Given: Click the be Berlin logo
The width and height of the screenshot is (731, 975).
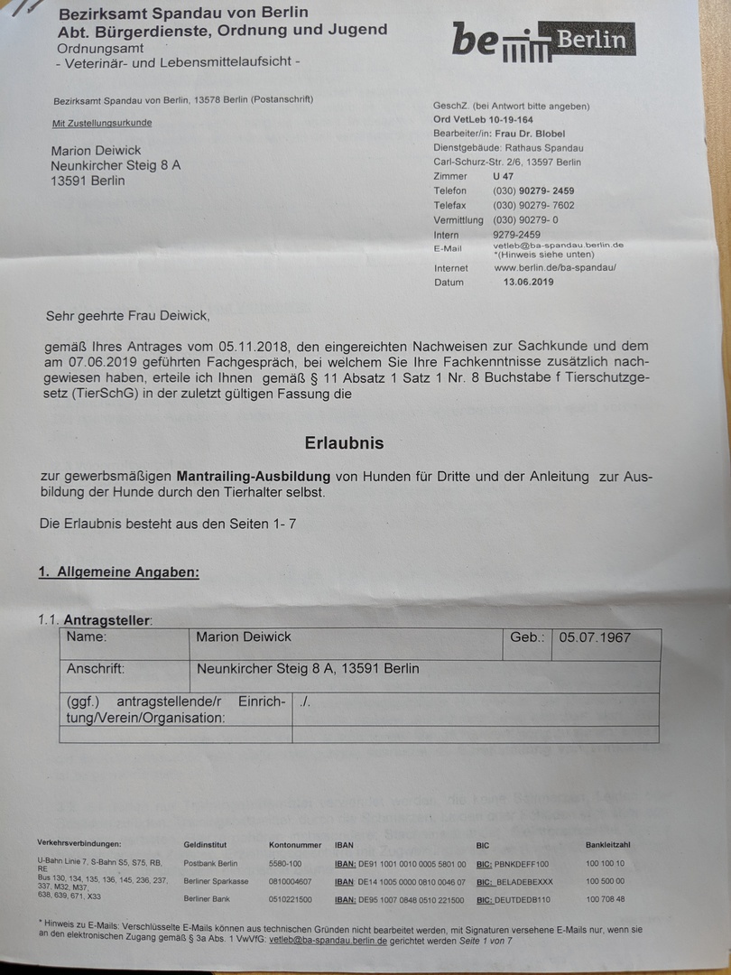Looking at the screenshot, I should point(543,42).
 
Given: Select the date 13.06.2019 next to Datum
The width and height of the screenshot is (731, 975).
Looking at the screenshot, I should point(529,282).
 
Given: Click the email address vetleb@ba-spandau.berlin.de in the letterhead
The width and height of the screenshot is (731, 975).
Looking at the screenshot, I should point(559,245).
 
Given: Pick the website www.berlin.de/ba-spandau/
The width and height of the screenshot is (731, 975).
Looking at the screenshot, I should point(555,268).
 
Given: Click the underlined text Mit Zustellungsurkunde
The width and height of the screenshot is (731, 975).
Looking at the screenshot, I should point(102,123).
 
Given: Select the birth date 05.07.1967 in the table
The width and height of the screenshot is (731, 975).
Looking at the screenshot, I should point(595,637).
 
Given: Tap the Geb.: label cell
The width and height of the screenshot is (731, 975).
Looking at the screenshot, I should point(527,637).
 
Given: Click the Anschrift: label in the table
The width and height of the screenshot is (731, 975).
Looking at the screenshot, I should point(96,669).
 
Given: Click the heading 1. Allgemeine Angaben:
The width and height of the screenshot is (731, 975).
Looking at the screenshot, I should point(118,571).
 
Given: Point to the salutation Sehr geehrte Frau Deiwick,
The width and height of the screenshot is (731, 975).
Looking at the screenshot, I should point(127,316).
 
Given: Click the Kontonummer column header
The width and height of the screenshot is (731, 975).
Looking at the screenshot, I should point(295,845).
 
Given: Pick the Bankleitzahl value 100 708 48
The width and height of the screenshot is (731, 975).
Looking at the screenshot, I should point(605,899).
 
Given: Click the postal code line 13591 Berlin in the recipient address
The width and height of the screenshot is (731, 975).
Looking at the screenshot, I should point(88,181).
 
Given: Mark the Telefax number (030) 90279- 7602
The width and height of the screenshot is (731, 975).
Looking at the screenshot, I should point(533,205).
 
